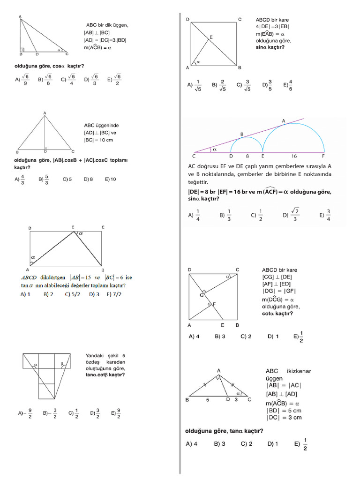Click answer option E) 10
111,179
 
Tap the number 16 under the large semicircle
294,156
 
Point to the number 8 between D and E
247,156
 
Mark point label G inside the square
202,295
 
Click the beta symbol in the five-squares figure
61,363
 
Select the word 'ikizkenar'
298,371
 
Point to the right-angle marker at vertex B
22,49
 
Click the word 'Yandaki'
95,355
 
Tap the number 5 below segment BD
207,400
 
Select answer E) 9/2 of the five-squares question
116,413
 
